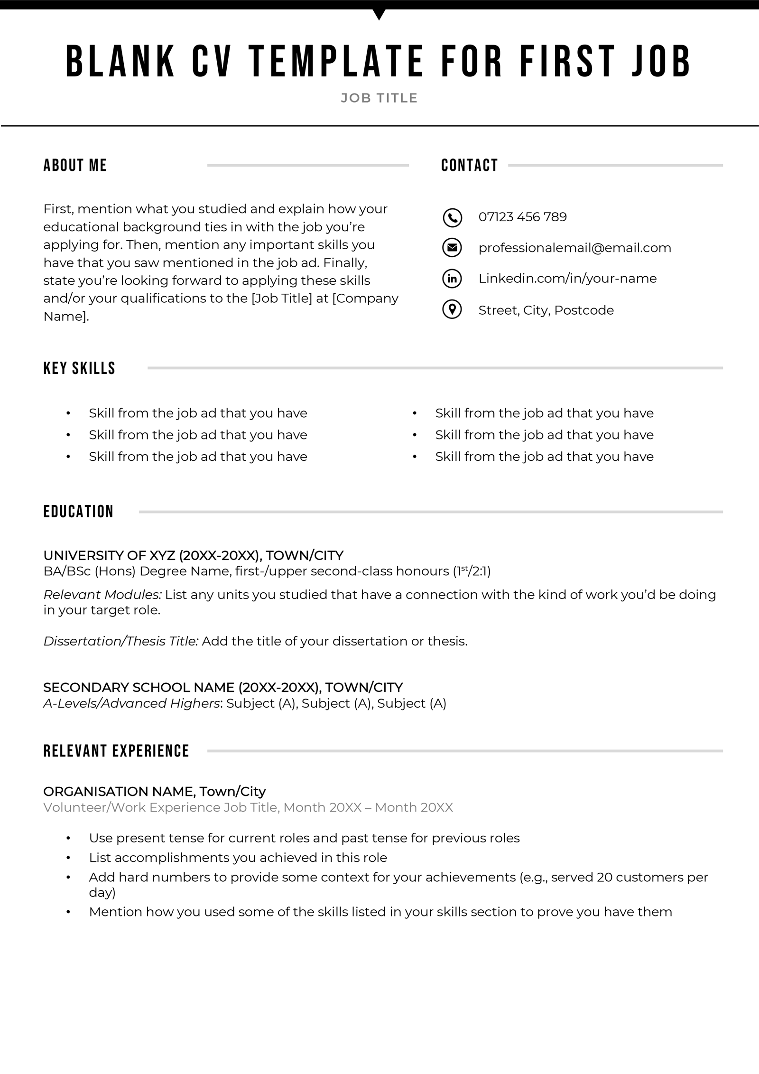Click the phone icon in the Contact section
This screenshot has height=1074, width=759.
point(452,217)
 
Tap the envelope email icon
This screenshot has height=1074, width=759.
point(452,248)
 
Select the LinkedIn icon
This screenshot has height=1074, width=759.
point(452,279)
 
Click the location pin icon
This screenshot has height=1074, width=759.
point(452,310)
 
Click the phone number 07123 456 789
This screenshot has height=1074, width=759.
point(522,217)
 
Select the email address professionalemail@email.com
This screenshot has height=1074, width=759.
point(574,248)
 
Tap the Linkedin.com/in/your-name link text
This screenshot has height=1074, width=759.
point(567,279)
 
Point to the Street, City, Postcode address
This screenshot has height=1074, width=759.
point(546,310)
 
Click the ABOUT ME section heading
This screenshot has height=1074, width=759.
point(75,165)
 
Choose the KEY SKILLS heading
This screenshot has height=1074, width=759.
point(79,368)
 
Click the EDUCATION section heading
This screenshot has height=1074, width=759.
point(78,512)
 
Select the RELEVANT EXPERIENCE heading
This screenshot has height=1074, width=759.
point(116,751)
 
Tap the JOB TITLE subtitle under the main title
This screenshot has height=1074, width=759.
point(379,98)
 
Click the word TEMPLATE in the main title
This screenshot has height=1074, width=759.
point(336,61)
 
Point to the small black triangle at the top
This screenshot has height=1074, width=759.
point(379,14)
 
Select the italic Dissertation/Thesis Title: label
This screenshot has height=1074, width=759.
point(121,641)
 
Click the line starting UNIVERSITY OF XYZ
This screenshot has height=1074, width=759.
point(193,555)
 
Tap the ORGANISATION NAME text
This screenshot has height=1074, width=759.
point(119,792)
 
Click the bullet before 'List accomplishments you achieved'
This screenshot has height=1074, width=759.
point(69,858)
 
